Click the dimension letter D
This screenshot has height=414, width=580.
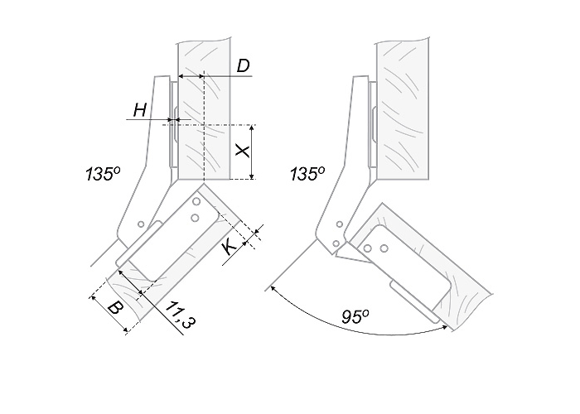[x=244, y=66]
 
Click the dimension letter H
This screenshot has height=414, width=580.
[x=140, y=110]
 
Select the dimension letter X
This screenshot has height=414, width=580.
[x=243, y=152]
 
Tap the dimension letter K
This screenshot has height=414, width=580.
[x=230, y=247]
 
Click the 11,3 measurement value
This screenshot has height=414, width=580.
[x=180, y=315]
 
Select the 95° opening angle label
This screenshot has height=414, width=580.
[x=355, y=317]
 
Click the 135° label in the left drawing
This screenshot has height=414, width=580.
[x=104, y=174]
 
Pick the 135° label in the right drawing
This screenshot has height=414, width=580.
[x=307, y=174]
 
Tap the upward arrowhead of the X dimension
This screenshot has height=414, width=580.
[x=252, y=128]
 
